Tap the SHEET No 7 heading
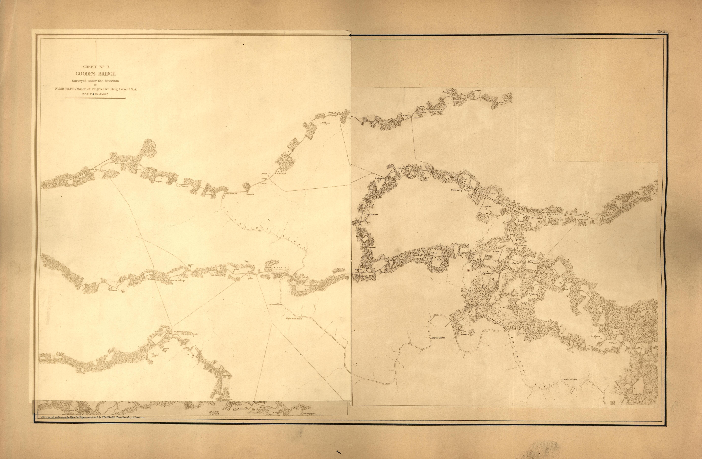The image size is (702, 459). point(96,67)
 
